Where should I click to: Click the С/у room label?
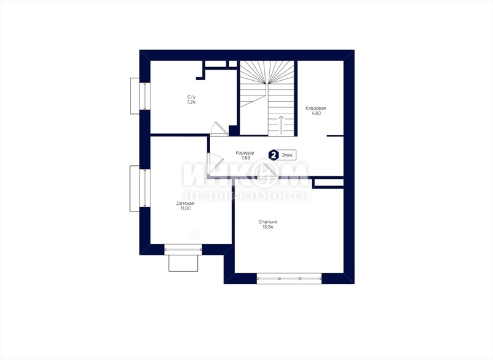point(191,97)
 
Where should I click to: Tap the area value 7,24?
point(191,102)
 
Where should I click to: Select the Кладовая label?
point(316,108)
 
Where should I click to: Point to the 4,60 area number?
point(316,113)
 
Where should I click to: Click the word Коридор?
point(245,153)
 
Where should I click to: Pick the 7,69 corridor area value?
point(245,158)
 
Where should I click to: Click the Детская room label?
point(185,203)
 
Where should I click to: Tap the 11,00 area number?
point(185,208)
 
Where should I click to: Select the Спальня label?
point(267,222)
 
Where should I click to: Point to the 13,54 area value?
point(268,227)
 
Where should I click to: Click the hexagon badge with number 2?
point(274,155)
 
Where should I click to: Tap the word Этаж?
point(287,155)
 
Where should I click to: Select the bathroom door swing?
point(219,129)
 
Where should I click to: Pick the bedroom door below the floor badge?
point(267,171)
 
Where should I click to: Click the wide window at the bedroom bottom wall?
point(289,279)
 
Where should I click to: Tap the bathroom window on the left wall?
point(141,96)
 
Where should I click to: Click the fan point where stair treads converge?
point(267,84)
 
